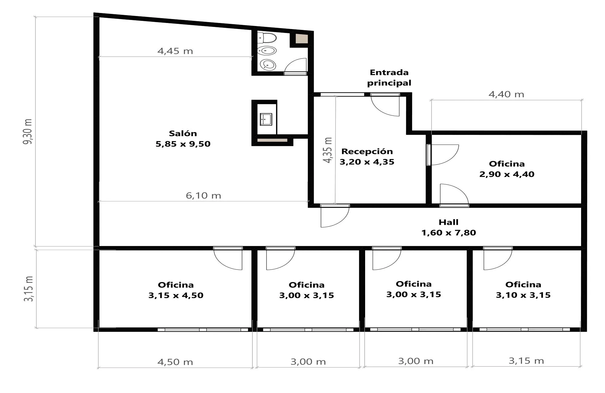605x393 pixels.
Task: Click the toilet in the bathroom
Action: coord(267,38)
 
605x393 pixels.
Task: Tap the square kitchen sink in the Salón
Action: coord(266,119)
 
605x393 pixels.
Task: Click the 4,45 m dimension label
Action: coord(175,51)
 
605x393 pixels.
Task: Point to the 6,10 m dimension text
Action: coord(203,196)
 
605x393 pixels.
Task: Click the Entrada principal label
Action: coord(389,78)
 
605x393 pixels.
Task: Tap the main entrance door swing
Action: coord(385,105)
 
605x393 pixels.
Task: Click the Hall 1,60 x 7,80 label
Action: coord(449,227)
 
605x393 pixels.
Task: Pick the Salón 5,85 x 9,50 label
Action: coord(183,138)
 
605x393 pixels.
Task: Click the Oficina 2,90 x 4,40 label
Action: coord(507,169)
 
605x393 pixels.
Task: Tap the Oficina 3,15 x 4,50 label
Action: coord(176,290)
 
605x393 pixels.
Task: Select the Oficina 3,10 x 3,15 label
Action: coord(523,290)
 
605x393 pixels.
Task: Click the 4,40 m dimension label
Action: coord(506,94)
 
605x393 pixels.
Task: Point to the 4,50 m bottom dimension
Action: coord(175,362)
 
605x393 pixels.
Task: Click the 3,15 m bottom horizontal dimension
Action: coord(526,361)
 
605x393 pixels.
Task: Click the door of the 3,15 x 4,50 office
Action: coord(228,258)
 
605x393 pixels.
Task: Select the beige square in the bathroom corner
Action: coord(301,39)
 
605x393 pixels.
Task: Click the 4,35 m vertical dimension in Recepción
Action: coord(328,150)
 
